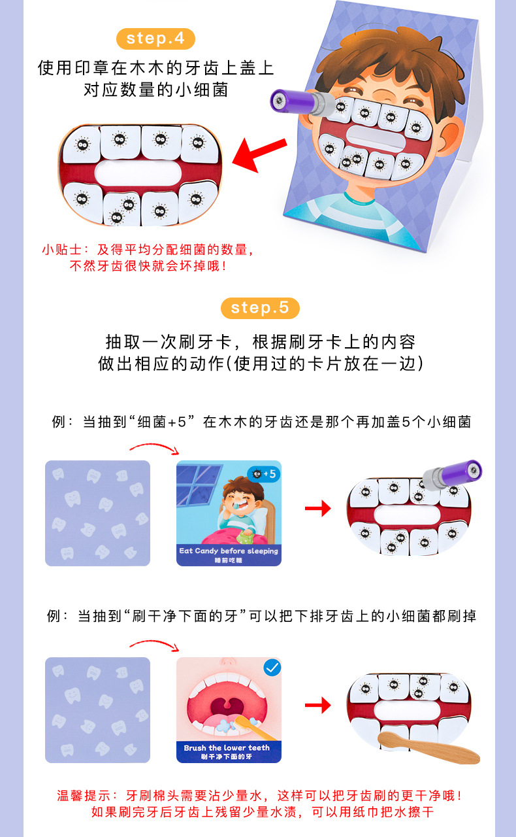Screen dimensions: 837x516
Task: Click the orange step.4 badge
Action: [x=155, y=38]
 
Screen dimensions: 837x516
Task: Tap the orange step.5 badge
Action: [x=260, y=307]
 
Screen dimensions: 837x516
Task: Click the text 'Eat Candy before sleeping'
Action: [x=229, y=551]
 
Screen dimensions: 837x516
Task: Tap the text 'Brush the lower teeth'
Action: [x=227, y=747]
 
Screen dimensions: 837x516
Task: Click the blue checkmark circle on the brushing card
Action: [x=272, y=668]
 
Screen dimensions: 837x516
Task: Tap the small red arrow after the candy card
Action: [x=317, y=508]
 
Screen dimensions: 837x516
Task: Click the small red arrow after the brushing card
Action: [x=317, y=705]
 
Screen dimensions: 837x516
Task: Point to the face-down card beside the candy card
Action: [x=97, y=513]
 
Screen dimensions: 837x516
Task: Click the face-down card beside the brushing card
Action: [x=97, y=709]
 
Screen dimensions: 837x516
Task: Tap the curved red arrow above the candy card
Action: [x=154, y=447]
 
